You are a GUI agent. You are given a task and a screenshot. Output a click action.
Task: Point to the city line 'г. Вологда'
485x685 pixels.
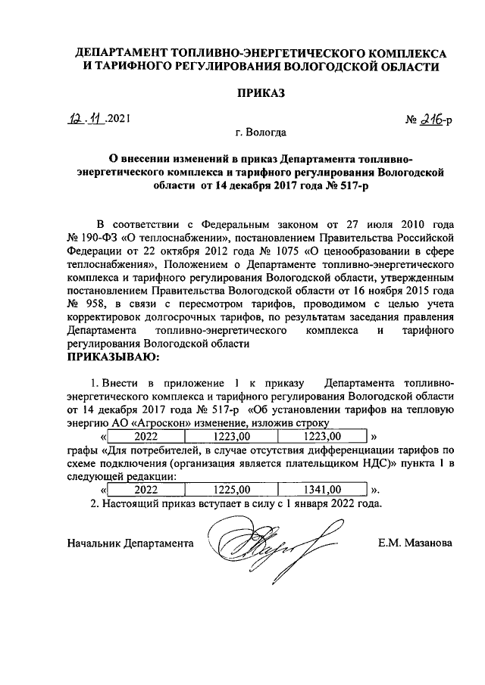261,133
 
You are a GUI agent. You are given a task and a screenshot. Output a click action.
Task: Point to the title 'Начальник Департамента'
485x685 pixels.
130,543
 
